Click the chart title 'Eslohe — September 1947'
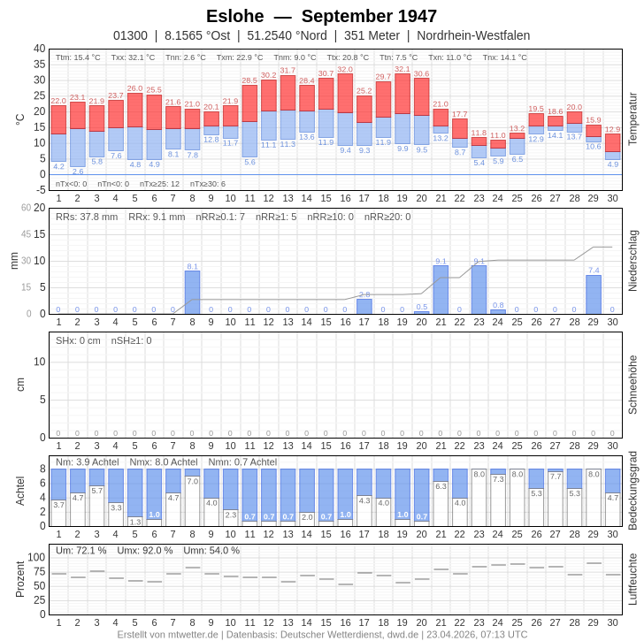(x=321, y=16)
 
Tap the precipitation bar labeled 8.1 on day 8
(x=192, y=292)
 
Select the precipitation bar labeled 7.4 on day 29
(x=593, y=294)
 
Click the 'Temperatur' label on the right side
(x=632, y=118)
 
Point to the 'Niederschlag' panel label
(x=632, y=261)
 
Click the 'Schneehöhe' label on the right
(x=632, y=385)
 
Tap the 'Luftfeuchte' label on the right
(x=632, y=579)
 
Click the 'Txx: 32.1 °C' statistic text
(x=133, y=57)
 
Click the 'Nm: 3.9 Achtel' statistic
(x=87, y=462)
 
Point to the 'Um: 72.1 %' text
(x=80, y=550)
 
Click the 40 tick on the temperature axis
(x=39, y=49)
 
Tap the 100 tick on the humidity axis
(x=36, y=557)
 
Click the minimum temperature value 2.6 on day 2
(x=78, y=172)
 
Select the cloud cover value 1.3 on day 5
(x=134, y=522)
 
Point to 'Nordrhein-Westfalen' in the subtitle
(x=473, y=35)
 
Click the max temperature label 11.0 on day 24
(x=498, y=135)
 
